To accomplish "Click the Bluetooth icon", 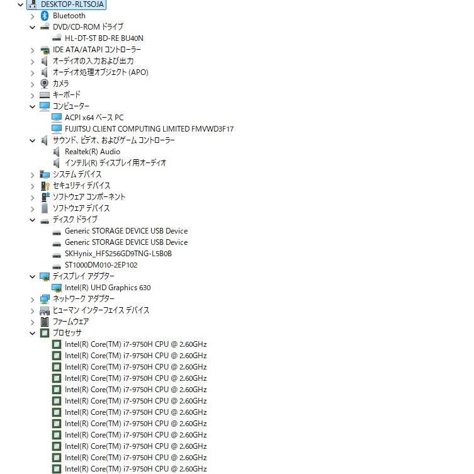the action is tap(45, 16).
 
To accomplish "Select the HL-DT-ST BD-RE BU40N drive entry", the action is tap(104, 38).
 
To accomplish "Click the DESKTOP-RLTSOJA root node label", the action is tap(72, 4).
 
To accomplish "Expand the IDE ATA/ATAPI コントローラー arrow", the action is tap(32, 50).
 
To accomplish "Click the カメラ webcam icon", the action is tap(45, 84).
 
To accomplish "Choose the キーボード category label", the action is tap(67, 95).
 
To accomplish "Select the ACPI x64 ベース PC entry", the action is tap(94, 118).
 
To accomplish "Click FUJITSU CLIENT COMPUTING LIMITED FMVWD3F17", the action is tap(149, 129).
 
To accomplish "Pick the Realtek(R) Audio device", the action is tap(93, 152).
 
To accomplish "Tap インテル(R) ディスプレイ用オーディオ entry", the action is tap(115, 163).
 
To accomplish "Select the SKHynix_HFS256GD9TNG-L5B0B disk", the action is tap(118, 254).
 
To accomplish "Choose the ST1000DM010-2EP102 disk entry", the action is tap(101, 265).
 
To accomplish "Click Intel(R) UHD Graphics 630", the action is tap(108, 288).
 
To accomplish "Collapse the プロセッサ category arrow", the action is tap(32, 333).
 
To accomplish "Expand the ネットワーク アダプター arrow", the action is tap(32, 300).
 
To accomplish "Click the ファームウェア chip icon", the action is tap(45, 322).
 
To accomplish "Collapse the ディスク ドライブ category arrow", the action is tap(32, 220).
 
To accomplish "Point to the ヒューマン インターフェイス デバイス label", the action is tap(101, 310).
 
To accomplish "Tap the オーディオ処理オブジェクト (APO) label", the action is tap(100, 72).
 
